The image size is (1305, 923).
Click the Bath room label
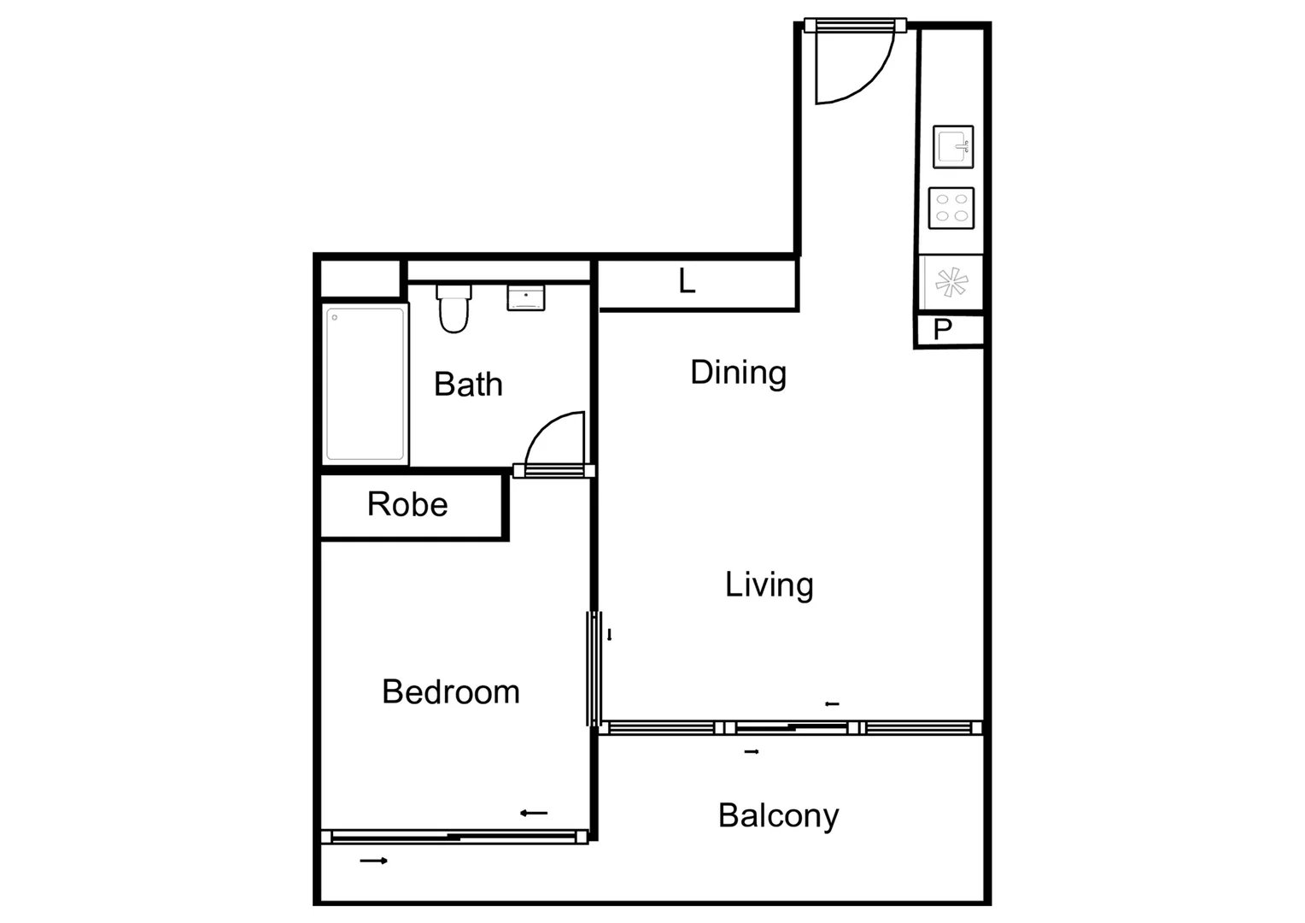(x=468, y=385)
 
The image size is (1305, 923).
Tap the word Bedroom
(x=450, y=691)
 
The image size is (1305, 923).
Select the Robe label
(x=407, y=504)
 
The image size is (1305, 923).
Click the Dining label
(x=738, y=373)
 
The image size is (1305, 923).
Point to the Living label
(x=769, y=585)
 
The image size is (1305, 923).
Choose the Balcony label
(x=778, y=815)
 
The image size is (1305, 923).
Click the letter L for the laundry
(x=687, y=281)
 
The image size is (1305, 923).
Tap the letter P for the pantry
(x=942, y=330)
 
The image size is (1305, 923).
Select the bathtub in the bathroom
(x=365, y=384)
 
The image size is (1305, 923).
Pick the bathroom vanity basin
(x=526, y=297)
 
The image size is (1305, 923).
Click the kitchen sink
(x=953, y=147)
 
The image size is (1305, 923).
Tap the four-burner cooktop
(x=951, y=208)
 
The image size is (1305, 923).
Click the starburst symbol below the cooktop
(x=951, y=282)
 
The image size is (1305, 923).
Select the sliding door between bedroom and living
(x=592, y=668)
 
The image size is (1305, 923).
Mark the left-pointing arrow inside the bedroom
(x=534, y=813)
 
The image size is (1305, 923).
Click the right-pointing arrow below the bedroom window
(x=373, y=861)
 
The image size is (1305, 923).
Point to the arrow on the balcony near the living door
(x=752, y=752)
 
